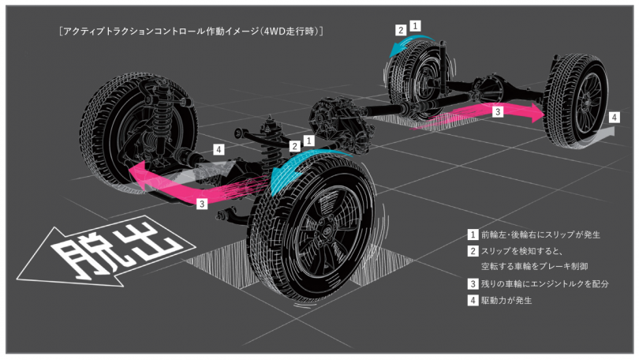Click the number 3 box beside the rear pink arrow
click(x=498, y=111)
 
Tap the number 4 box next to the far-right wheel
click(x=614, y=117)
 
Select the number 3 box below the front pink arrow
click(x=203, y=203)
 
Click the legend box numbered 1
click(x=473, y=234)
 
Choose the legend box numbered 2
click(x=473, y=251)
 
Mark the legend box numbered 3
click(x=473, y=283)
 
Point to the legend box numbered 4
click(x=473, y=300)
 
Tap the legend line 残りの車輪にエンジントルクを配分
click(x=545, y=283)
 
